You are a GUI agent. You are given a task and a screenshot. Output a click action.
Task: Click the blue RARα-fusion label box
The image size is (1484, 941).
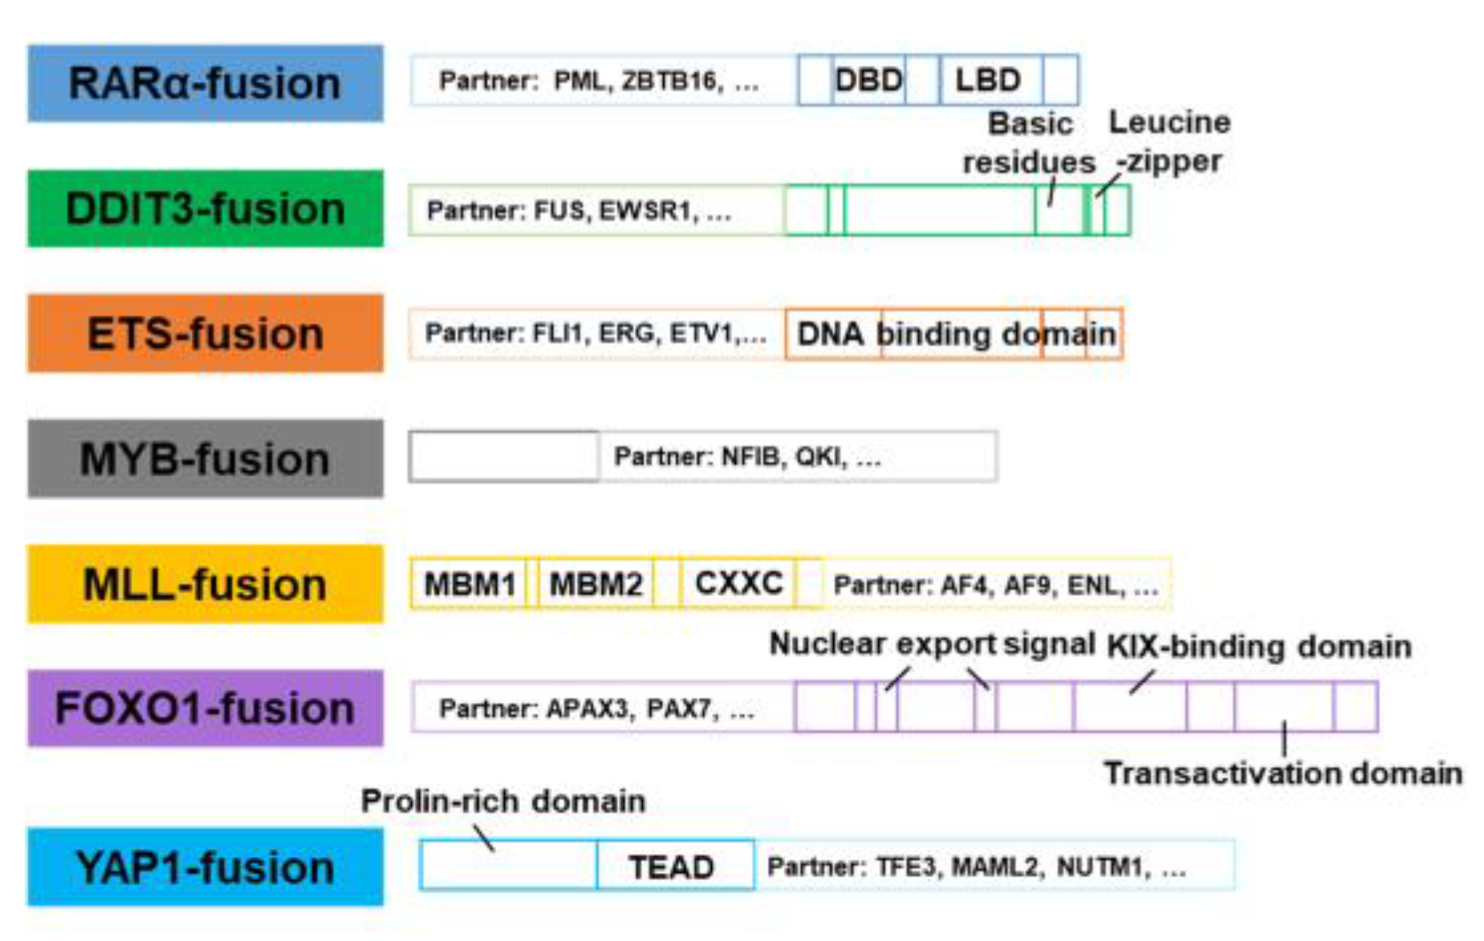205,83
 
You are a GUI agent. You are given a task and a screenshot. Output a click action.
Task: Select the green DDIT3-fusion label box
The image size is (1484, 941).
205,209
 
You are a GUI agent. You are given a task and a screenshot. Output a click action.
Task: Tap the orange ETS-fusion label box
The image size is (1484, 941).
205,333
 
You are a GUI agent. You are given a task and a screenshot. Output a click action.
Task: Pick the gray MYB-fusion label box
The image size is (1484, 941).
205,459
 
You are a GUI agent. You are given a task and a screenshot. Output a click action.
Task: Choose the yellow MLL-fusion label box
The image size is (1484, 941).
205,584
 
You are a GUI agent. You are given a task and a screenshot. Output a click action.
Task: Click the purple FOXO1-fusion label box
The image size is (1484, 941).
205,708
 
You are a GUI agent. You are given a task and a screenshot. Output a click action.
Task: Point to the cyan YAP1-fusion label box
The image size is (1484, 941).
205,867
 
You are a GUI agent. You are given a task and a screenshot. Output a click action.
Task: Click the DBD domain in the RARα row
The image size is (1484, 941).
868,80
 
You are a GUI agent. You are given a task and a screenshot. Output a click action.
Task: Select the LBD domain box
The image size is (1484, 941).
989,80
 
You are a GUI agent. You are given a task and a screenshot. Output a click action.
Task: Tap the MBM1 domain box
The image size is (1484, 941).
470,584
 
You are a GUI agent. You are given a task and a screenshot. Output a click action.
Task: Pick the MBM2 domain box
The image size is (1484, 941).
596,584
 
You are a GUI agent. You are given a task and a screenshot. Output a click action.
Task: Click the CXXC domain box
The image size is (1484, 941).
738,583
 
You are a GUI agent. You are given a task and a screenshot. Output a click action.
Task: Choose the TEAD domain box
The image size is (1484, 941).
672,867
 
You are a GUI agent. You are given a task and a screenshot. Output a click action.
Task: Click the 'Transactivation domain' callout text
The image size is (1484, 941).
1282,773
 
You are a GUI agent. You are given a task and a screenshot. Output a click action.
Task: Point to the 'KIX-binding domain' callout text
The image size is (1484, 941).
1259,646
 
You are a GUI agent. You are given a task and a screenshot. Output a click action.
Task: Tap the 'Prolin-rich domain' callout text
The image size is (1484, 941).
503,801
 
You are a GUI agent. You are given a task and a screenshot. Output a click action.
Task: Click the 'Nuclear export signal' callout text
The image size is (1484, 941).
932,644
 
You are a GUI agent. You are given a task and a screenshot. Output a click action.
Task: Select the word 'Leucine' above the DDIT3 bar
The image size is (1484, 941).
1169,122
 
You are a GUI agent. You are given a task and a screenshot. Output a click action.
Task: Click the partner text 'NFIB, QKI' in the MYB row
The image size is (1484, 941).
784,456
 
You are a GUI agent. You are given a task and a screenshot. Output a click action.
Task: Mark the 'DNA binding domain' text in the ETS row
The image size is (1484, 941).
955,334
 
